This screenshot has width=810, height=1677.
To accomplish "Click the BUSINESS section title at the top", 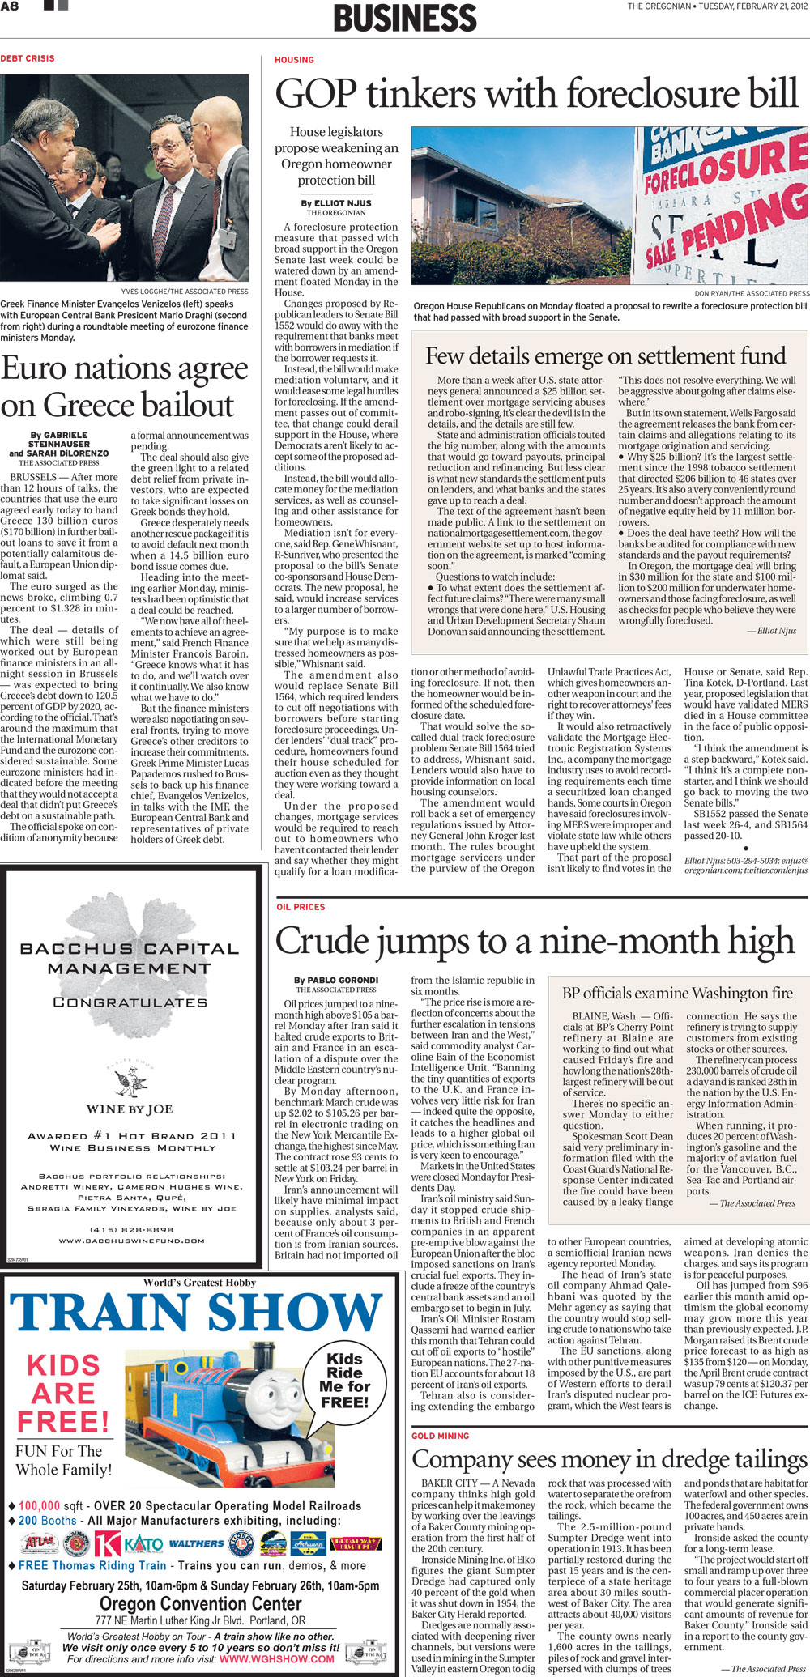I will pos(405,18).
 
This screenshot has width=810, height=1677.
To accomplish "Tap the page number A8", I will pos(10,6).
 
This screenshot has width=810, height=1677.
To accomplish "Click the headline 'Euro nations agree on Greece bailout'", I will pos(124,386).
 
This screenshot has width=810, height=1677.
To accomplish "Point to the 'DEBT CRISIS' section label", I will pos(28,58).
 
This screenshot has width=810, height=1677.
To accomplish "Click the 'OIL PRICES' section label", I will pos(301,907).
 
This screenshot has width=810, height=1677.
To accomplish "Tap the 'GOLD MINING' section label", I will pos(440,1436).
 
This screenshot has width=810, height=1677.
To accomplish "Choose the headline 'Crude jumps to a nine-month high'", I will pos(535,941).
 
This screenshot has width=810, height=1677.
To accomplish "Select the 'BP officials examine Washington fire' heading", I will pos(677,994).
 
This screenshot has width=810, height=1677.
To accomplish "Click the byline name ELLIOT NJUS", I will pos(336,203).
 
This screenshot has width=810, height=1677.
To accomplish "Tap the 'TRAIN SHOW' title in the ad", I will pos(195,1313).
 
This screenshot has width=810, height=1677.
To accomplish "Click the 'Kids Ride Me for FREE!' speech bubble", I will pos(344,1380).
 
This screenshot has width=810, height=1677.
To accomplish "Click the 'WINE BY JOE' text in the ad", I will pos(130,1109).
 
